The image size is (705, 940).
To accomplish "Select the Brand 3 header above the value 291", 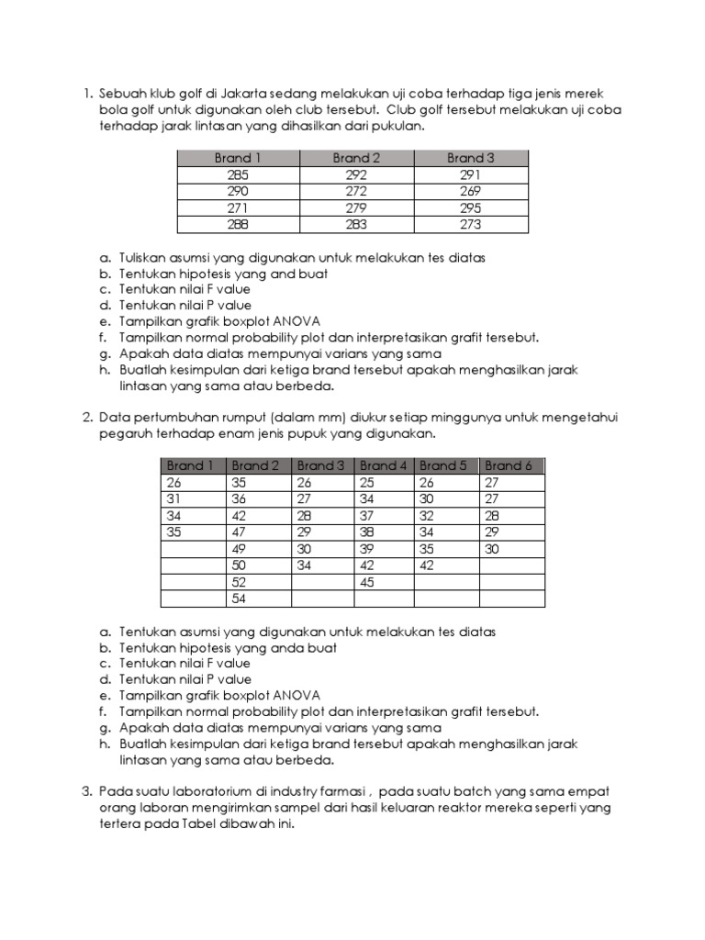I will tap(471, 158).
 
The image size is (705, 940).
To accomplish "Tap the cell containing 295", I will tap(471, 207).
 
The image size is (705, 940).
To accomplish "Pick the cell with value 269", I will tap(471, 191).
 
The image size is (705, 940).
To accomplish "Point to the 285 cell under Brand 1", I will tap(238, 174).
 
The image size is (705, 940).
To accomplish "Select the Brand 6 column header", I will tap(509, 465).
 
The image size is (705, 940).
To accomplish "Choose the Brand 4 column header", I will tap(384, 465).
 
